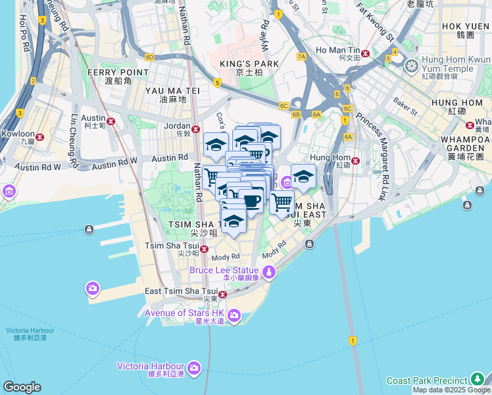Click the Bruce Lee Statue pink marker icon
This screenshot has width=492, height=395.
pyautogui.click(x=269, y=271)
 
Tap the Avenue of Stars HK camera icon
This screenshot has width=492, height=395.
pyautogui.click(x=235, y=317)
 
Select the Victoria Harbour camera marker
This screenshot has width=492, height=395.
pyautogui.click(x=194, y=367)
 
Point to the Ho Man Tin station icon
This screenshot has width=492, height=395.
pyautogui.click(x=365, y=53)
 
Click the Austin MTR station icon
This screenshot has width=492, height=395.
pyautogui.click(x=111, y=121)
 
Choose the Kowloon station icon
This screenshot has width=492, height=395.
pyautogui.click(x=41, y=137)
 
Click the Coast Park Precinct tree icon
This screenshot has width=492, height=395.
pyautogui.click(x=478, y=381)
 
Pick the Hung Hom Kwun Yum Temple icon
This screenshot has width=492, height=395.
pyautogui.click(x=412, y=66)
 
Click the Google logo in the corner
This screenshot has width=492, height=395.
pyautogui.click(x=22, y=387)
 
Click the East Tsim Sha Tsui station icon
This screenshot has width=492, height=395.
pyautogui.click(x=223, y=294)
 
